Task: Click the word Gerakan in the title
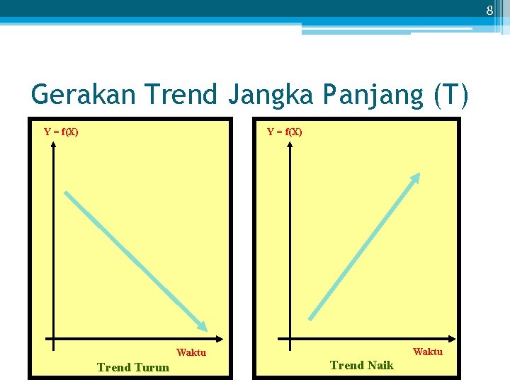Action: tap(77, 94)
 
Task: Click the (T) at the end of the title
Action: tap(452, 95)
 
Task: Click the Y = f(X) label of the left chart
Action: tap(61, 132)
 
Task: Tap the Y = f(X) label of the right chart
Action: tap(284, 132)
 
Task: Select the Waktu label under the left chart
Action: tap(191, 352)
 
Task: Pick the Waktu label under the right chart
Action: tap(428, 352)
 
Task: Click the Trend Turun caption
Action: tap(133, 367)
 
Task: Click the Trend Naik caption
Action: tap(362, 365)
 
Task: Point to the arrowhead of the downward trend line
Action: tap(203, 327)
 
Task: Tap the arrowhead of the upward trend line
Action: tap(417, 177)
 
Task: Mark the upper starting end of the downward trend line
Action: tap(66, 193)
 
